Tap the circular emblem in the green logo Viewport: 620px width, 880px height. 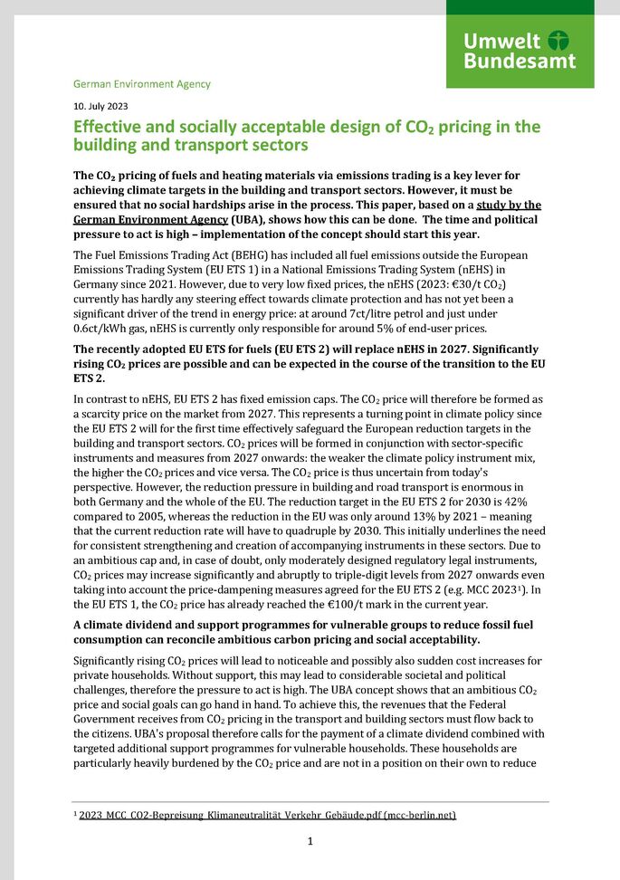[x=559, y=41]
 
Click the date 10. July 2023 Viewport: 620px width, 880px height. [x=100, y=106]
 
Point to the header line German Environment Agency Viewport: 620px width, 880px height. [x=141, y=84]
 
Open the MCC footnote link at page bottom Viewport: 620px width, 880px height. [x=267, y=816]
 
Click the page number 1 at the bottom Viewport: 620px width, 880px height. [x=310, y=841]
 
